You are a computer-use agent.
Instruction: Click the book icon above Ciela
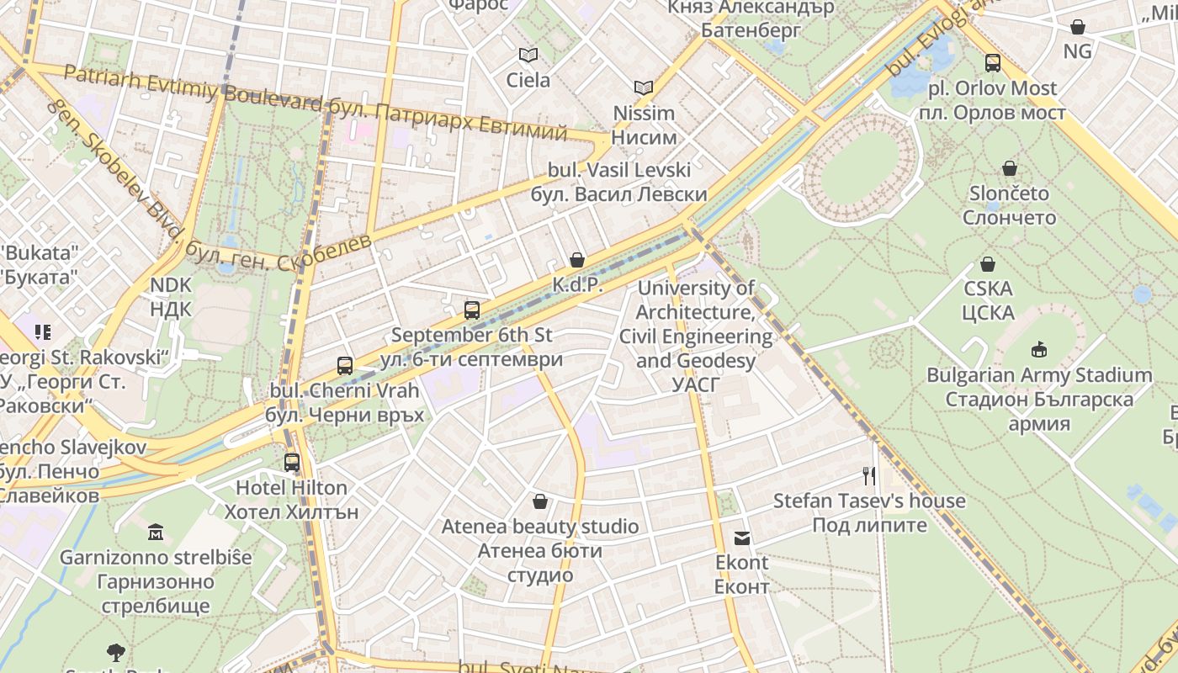click(528, 56)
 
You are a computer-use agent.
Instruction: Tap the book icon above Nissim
click(644, 87)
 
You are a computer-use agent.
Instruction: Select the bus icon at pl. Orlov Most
click(993, 63)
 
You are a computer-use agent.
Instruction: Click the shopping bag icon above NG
click(1077, 27)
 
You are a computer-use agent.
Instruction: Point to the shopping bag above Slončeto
click(1010, 168)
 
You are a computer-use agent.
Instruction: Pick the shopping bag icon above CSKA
click(988, 264)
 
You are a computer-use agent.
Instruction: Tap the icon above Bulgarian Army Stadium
click(1039, 349)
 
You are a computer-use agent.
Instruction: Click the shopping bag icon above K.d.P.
click(577, 260)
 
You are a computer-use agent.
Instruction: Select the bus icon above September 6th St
click(472, 310)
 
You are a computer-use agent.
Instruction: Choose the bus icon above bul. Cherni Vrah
click(345, 366)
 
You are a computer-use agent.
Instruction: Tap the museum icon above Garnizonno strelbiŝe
click(156, 533)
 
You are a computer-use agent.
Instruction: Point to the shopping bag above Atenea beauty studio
click(540, 502)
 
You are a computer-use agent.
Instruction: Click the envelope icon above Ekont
click(742, 538)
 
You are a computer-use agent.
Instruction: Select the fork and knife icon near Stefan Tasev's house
click(869, 476)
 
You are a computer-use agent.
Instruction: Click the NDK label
click(171, 285)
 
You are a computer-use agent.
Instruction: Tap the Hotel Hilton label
click(291, 488)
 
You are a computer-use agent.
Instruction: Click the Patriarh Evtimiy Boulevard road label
click(193, 88)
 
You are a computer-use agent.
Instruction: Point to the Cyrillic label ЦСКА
click(988, 313)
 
